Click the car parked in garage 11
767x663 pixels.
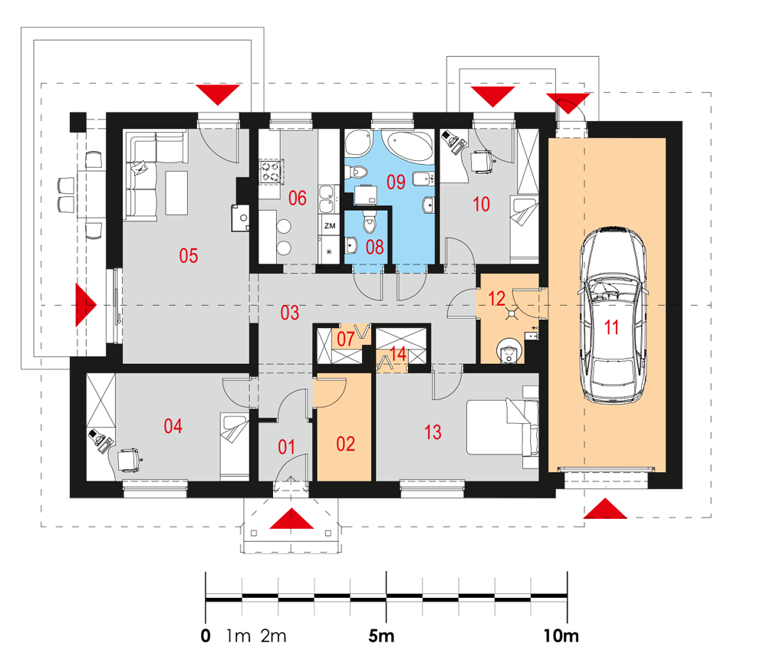pyautogui.click(x=613, y=314)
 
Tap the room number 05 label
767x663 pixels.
pyautogui.click(x=189, y=256)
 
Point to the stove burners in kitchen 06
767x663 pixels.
pyautogui.click(x=271, y=172)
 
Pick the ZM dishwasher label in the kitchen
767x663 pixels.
pyautogui.click(x=330, y=226)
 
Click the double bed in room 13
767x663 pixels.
pyautogui.click(x=502, y=427)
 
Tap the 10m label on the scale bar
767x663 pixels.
pyautogui.click(x=561, y=635)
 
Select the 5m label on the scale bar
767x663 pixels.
pyautogui.click(x=381, y=635)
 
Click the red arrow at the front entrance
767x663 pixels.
pyautogui.click(x=291, y=519)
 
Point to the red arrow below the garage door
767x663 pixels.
pyautogui.click(x=605, y=508)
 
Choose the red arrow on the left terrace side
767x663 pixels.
pyautogui.click(x=86, y=304)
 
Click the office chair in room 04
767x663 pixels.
pyautogui.click(x=129, y=460)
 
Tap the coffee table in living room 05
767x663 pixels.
pyautogui.click(x=176, y=192)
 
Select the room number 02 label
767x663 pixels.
pyautogui.click(x=345, y=444)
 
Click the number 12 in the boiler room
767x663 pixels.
pyautogui.click(x=496, y=299)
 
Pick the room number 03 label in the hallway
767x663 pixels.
pyautogui.click(x=290, y=313)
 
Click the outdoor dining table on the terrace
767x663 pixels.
pyautogui.click(x=91, y=194)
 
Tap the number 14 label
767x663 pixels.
pyautogui.click(x=398, y=354)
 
